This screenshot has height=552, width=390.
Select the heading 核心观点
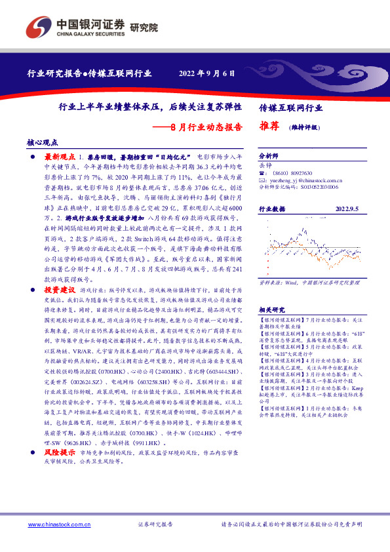tap(43, 142)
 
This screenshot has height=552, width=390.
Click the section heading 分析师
tap(269, 157)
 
